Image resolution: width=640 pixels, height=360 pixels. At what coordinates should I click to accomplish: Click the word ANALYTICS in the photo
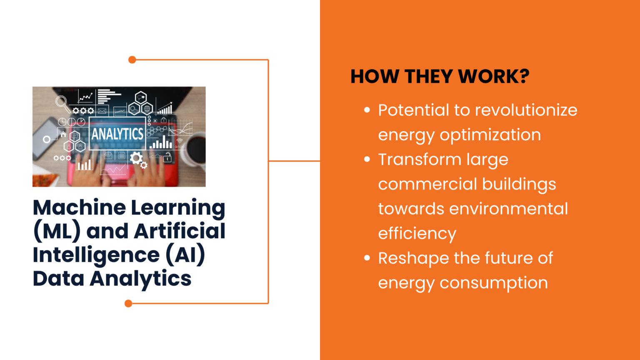(x=117, y=134)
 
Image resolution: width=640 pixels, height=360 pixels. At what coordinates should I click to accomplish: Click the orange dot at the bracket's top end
(x=132, y=60)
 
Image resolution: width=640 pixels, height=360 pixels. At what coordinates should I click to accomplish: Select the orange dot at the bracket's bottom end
(x=128, y=303)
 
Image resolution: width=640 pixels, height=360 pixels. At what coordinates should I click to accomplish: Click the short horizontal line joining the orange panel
(x=294, y=161)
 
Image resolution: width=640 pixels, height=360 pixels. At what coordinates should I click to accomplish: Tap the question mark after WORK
(x=524, y=77)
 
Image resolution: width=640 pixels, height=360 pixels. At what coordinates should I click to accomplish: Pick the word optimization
(x=490, y=135)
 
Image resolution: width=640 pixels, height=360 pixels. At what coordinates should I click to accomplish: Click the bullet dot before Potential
(x=367, y=110)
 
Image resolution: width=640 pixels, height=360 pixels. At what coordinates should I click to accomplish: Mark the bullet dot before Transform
(x=367, y=159)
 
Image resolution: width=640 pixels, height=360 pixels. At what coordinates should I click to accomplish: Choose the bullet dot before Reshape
(x=367, y=258)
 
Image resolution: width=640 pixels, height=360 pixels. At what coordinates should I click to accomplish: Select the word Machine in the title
(x=79, y=207)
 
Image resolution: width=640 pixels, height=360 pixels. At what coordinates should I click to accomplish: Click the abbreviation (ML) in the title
(x=57, y=231)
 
